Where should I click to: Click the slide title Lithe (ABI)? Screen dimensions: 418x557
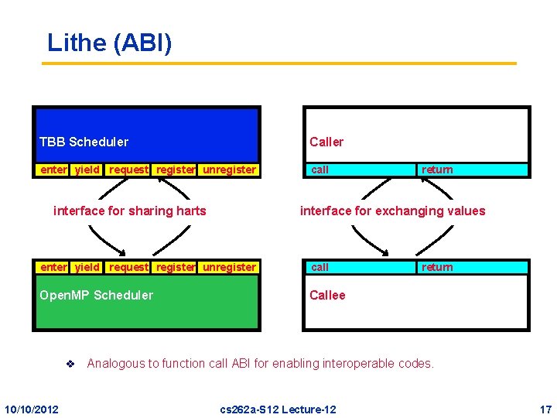pos(109,43)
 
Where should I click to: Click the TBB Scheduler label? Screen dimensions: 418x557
pos(84,142)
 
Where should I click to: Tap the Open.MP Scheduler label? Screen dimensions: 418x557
pos(96,295)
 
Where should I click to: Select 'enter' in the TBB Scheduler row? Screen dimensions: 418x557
pos(53,170)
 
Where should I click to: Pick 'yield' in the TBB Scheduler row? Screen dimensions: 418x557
pos(87,170)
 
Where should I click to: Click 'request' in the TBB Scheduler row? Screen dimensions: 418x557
pos(128,170)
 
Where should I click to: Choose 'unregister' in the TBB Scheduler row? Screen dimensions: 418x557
pos(229,170)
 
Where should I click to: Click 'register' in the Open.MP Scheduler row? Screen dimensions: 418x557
pos(176,267)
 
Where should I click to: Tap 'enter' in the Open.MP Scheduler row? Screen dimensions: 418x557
pos(53,267)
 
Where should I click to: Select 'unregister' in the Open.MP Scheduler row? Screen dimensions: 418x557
pos(229,267)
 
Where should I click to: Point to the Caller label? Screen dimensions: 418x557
pos(326,142)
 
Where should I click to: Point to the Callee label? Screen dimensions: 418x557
pos(327,295)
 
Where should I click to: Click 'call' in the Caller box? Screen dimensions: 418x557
pos(320,170)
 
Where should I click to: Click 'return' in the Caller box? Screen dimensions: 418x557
pos(437,170)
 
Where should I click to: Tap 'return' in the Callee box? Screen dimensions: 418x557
pos(437,267)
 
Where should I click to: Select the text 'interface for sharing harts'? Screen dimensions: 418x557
pos(130,211)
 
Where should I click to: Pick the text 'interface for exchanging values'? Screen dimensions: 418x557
pos(393,211)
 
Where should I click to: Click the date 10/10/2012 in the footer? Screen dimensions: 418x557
pos(31,409)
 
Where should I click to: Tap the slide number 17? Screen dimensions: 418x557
pos(545,409)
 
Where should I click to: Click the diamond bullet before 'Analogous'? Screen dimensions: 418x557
pos(69,364)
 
